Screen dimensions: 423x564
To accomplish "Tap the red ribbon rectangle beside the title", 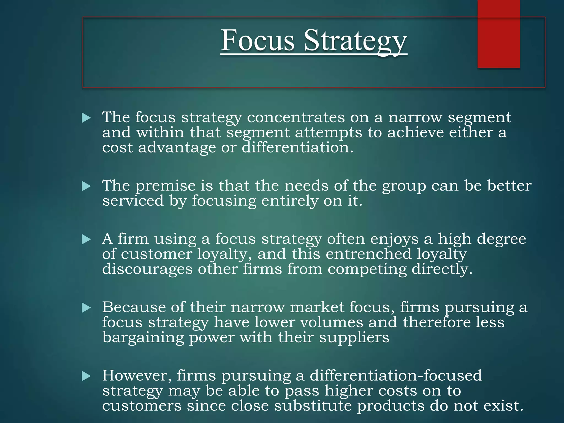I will (x=498, y=34).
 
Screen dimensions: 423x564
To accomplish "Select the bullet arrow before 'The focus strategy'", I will (x=86, y=118).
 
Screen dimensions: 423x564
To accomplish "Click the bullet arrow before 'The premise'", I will (x=86, y=186).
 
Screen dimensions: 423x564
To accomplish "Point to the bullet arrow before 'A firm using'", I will (x=86, y=240).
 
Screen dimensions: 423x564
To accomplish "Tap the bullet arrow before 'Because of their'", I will (x=86, y=308).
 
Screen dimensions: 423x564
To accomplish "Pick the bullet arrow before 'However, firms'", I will (x=86, y=376).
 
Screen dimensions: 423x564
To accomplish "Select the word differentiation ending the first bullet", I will (x=296, y=148).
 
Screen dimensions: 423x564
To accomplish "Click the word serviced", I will (x=133, y=201).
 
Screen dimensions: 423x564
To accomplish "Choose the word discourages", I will (x=147, y=269).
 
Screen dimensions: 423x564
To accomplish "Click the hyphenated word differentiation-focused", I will (x=396, y=376).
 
